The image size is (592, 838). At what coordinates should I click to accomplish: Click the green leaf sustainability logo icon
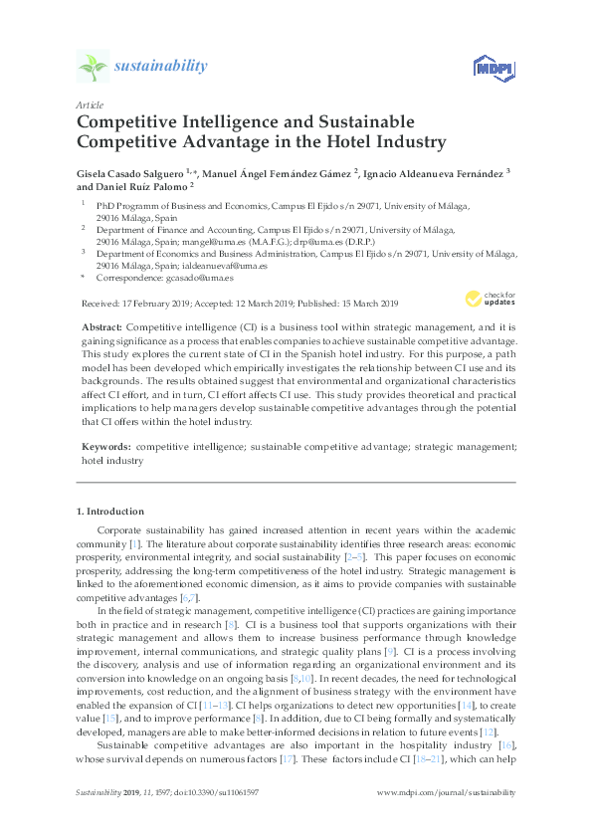pos(92,68)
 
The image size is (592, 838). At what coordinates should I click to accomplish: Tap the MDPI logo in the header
pos(485,68)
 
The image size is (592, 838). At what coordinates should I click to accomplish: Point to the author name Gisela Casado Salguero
pos(132,172)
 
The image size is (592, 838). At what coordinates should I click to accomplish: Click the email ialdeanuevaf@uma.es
pos(226,266)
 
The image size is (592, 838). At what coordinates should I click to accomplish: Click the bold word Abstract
pos(101,326)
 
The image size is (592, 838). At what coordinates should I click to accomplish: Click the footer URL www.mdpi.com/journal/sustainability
pos(448,792)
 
